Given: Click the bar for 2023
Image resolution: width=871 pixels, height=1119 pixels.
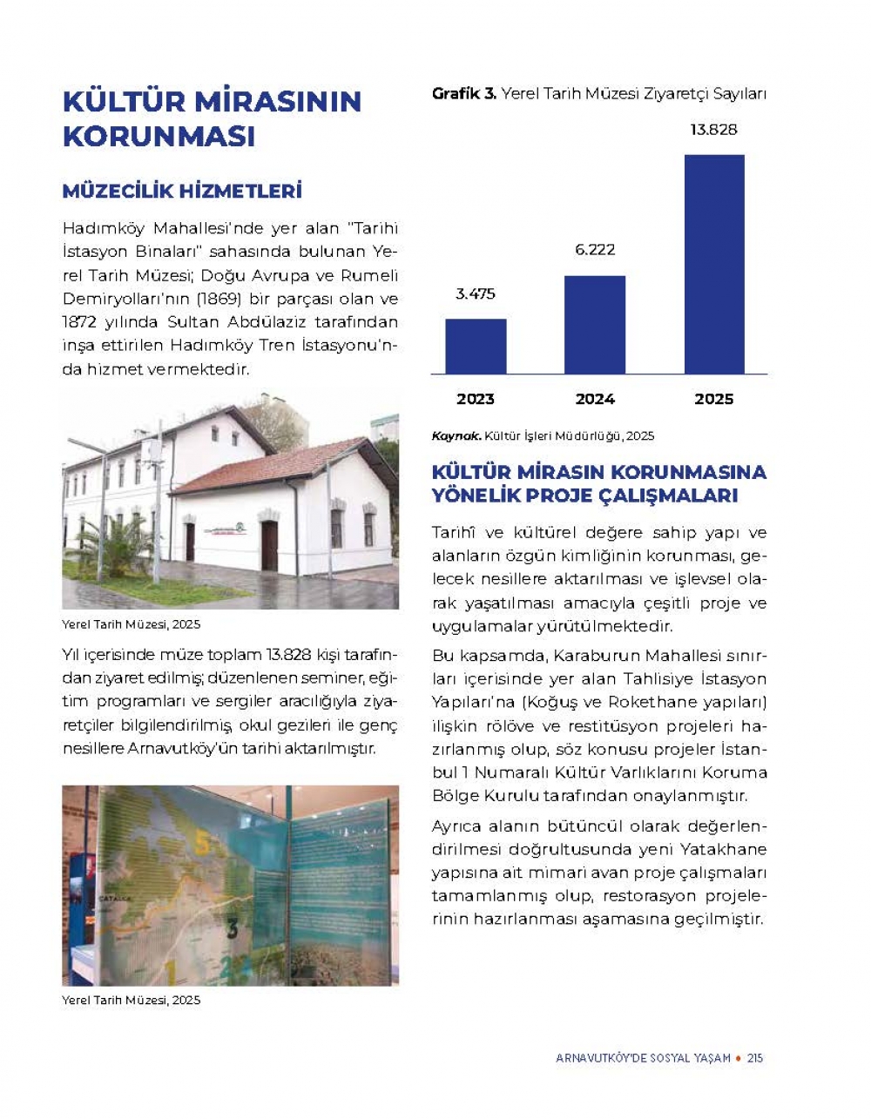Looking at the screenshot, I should [x=476, y=346].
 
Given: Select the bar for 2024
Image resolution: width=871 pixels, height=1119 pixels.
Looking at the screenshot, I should [x=595, y=324].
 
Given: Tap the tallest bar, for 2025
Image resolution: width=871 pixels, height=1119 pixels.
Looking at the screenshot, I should [x=714, y=264].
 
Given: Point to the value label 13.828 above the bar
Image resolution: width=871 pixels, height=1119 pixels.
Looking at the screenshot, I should [x=713, y=130].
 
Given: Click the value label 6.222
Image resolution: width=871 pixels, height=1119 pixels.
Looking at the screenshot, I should [x=595, y=250].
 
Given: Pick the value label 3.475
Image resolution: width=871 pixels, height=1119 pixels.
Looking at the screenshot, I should [x=476, y=294].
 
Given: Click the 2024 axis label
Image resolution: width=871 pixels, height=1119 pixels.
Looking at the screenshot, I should [x=595, y=399].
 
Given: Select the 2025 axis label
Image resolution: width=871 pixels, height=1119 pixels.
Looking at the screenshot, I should [x=713, y=399].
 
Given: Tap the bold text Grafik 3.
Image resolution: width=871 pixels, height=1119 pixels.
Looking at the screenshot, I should [x=463, y=94].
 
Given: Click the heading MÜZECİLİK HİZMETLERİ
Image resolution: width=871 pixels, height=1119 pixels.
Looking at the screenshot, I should [x=182, y=191].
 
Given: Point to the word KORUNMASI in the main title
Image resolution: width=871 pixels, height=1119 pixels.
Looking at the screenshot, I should [x=159, y=138].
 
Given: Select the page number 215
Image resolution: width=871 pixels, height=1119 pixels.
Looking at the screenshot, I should [x=755, y=1058].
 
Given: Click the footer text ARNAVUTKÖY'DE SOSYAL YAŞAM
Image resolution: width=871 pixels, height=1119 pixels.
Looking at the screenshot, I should [x=643, y=1058].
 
